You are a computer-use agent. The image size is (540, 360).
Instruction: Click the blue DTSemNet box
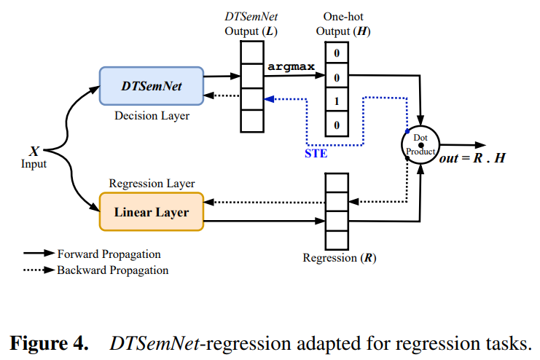coord(151,87)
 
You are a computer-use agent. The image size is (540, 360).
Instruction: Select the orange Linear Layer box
coord(151,213)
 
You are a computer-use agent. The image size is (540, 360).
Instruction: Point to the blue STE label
coord(316,154)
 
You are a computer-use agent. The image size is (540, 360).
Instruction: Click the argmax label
coord(291,66)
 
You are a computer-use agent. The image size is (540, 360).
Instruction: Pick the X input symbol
coord(34,152)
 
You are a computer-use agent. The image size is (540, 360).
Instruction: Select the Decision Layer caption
coord(151,116)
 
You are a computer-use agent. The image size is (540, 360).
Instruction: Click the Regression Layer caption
coord(152,184)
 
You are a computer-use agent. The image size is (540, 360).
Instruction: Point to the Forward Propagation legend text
coord(109,254)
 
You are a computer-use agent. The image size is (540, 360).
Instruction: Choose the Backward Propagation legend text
coord(113,270)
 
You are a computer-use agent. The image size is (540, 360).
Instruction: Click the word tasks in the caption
coord(510,343)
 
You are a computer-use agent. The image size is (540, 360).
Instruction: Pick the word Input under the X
coord(34,164)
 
